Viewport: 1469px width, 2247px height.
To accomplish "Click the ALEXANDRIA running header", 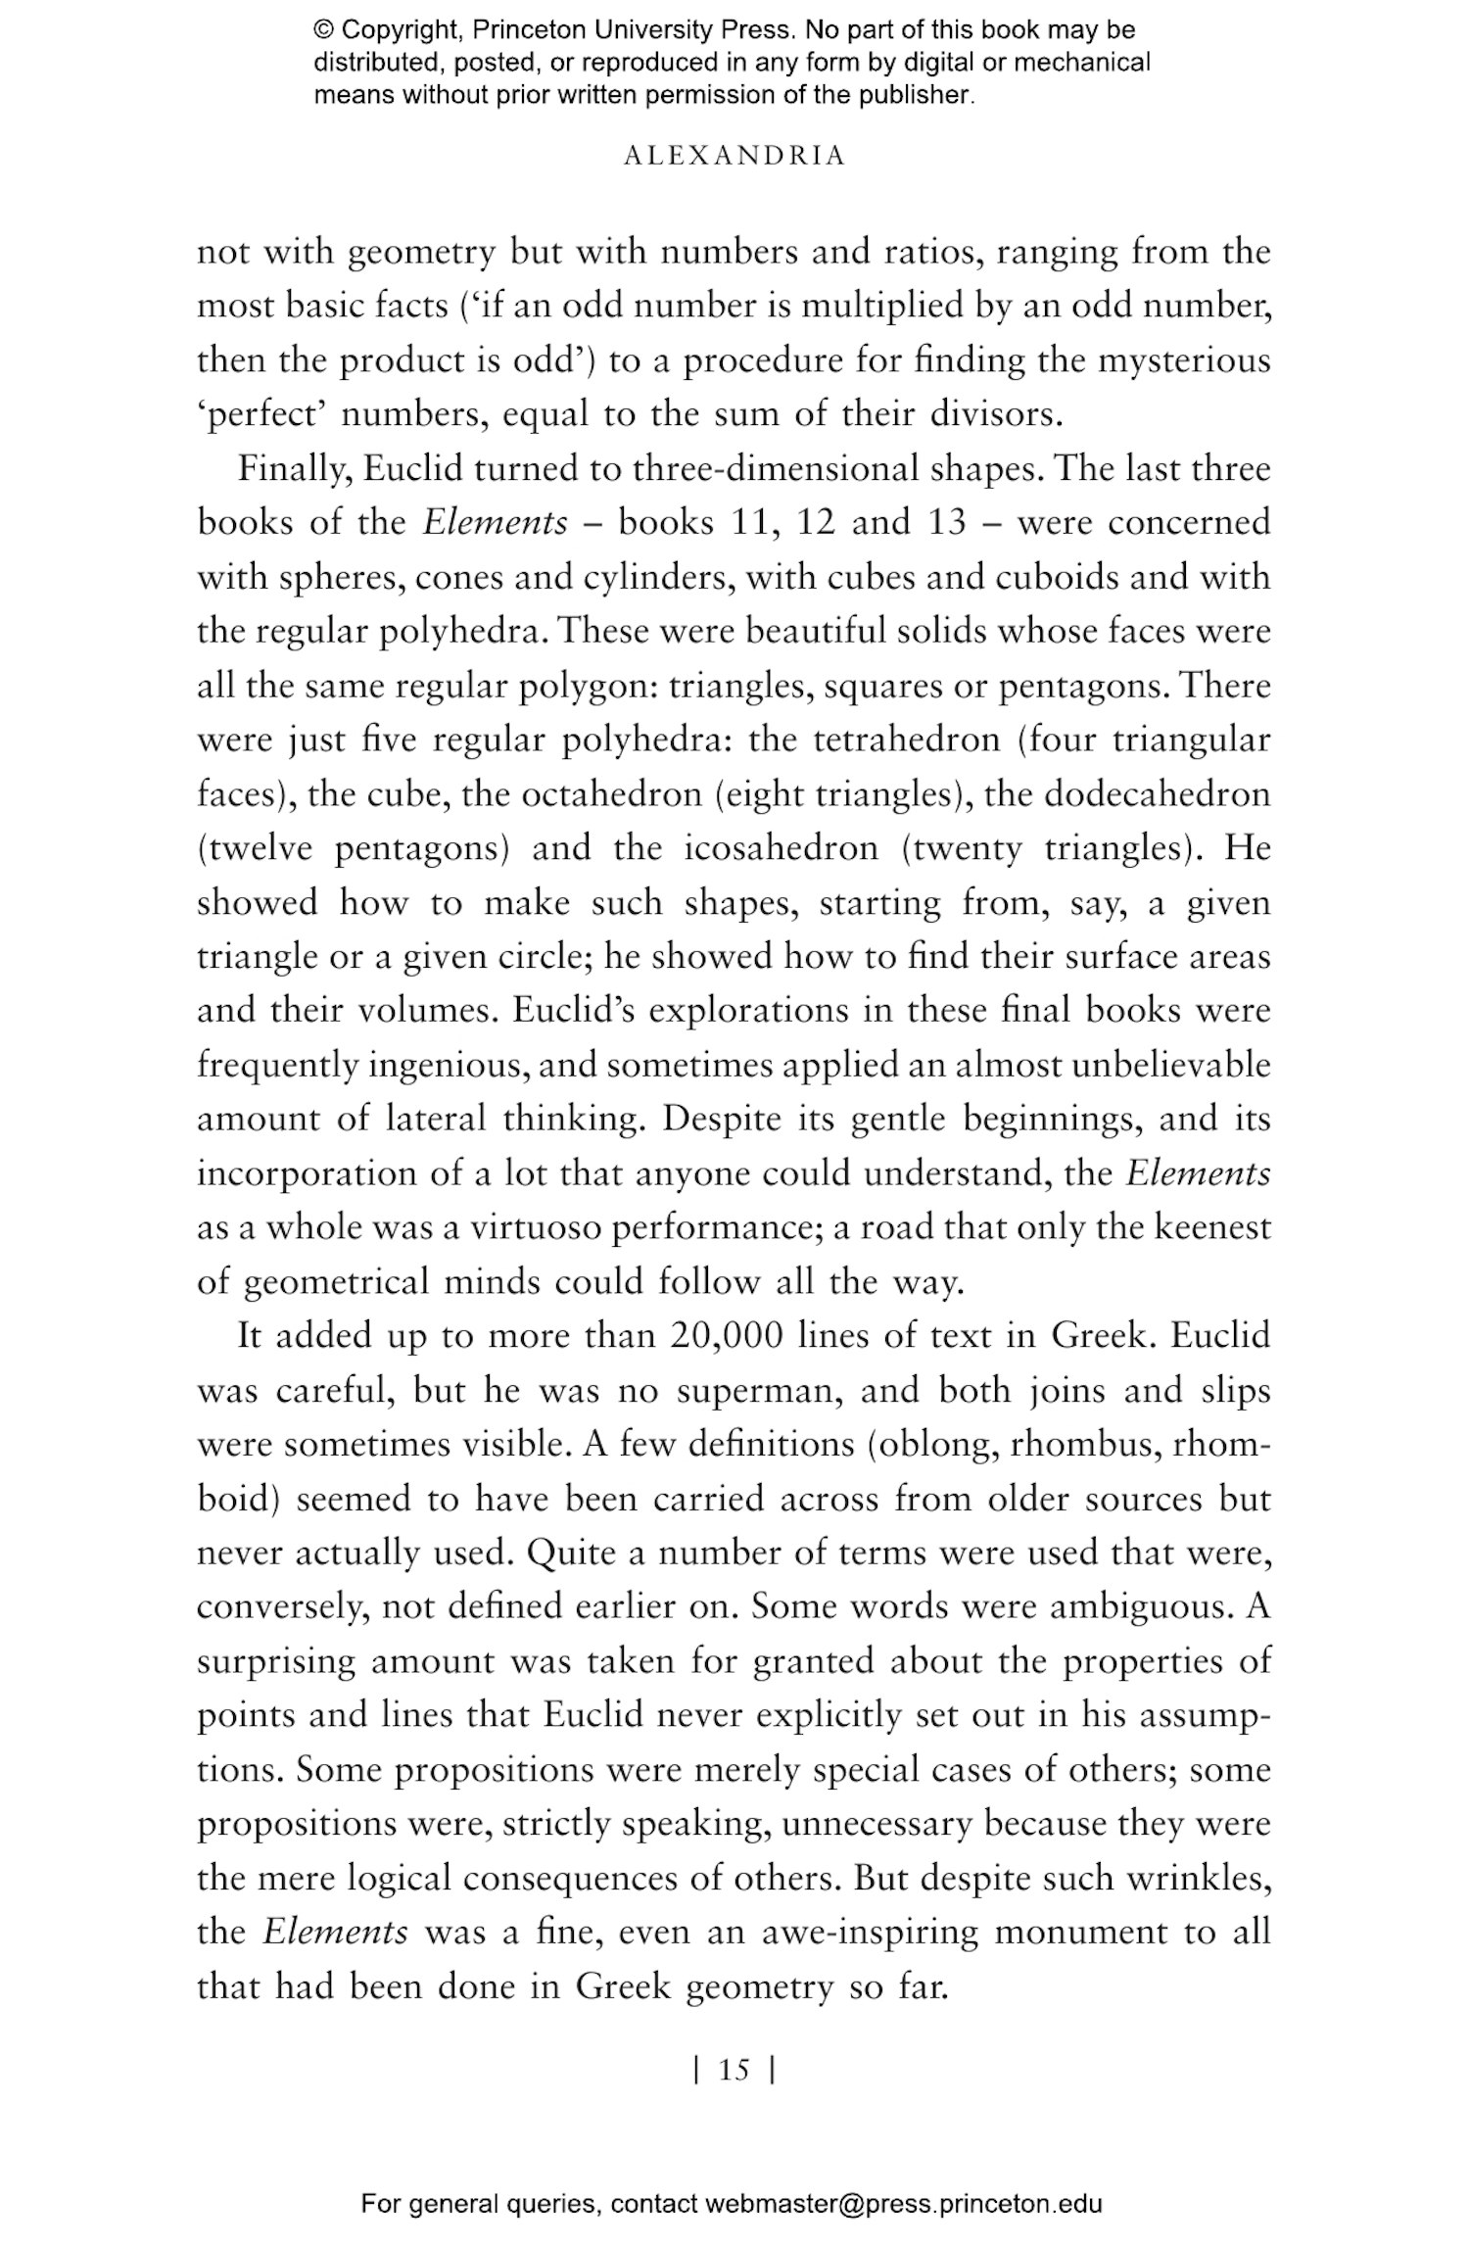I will (734, 157).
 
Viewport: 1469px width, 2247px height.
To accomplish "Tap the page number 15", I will (734, 2070).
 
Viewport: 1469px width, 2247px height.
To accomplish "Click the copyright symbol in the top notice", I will (324, 30).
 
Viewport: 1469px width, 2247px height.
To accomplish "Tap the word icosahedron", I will (781, 847).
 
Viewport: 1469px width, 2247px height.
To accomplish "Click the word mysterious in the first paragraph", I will (1183, 360).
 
